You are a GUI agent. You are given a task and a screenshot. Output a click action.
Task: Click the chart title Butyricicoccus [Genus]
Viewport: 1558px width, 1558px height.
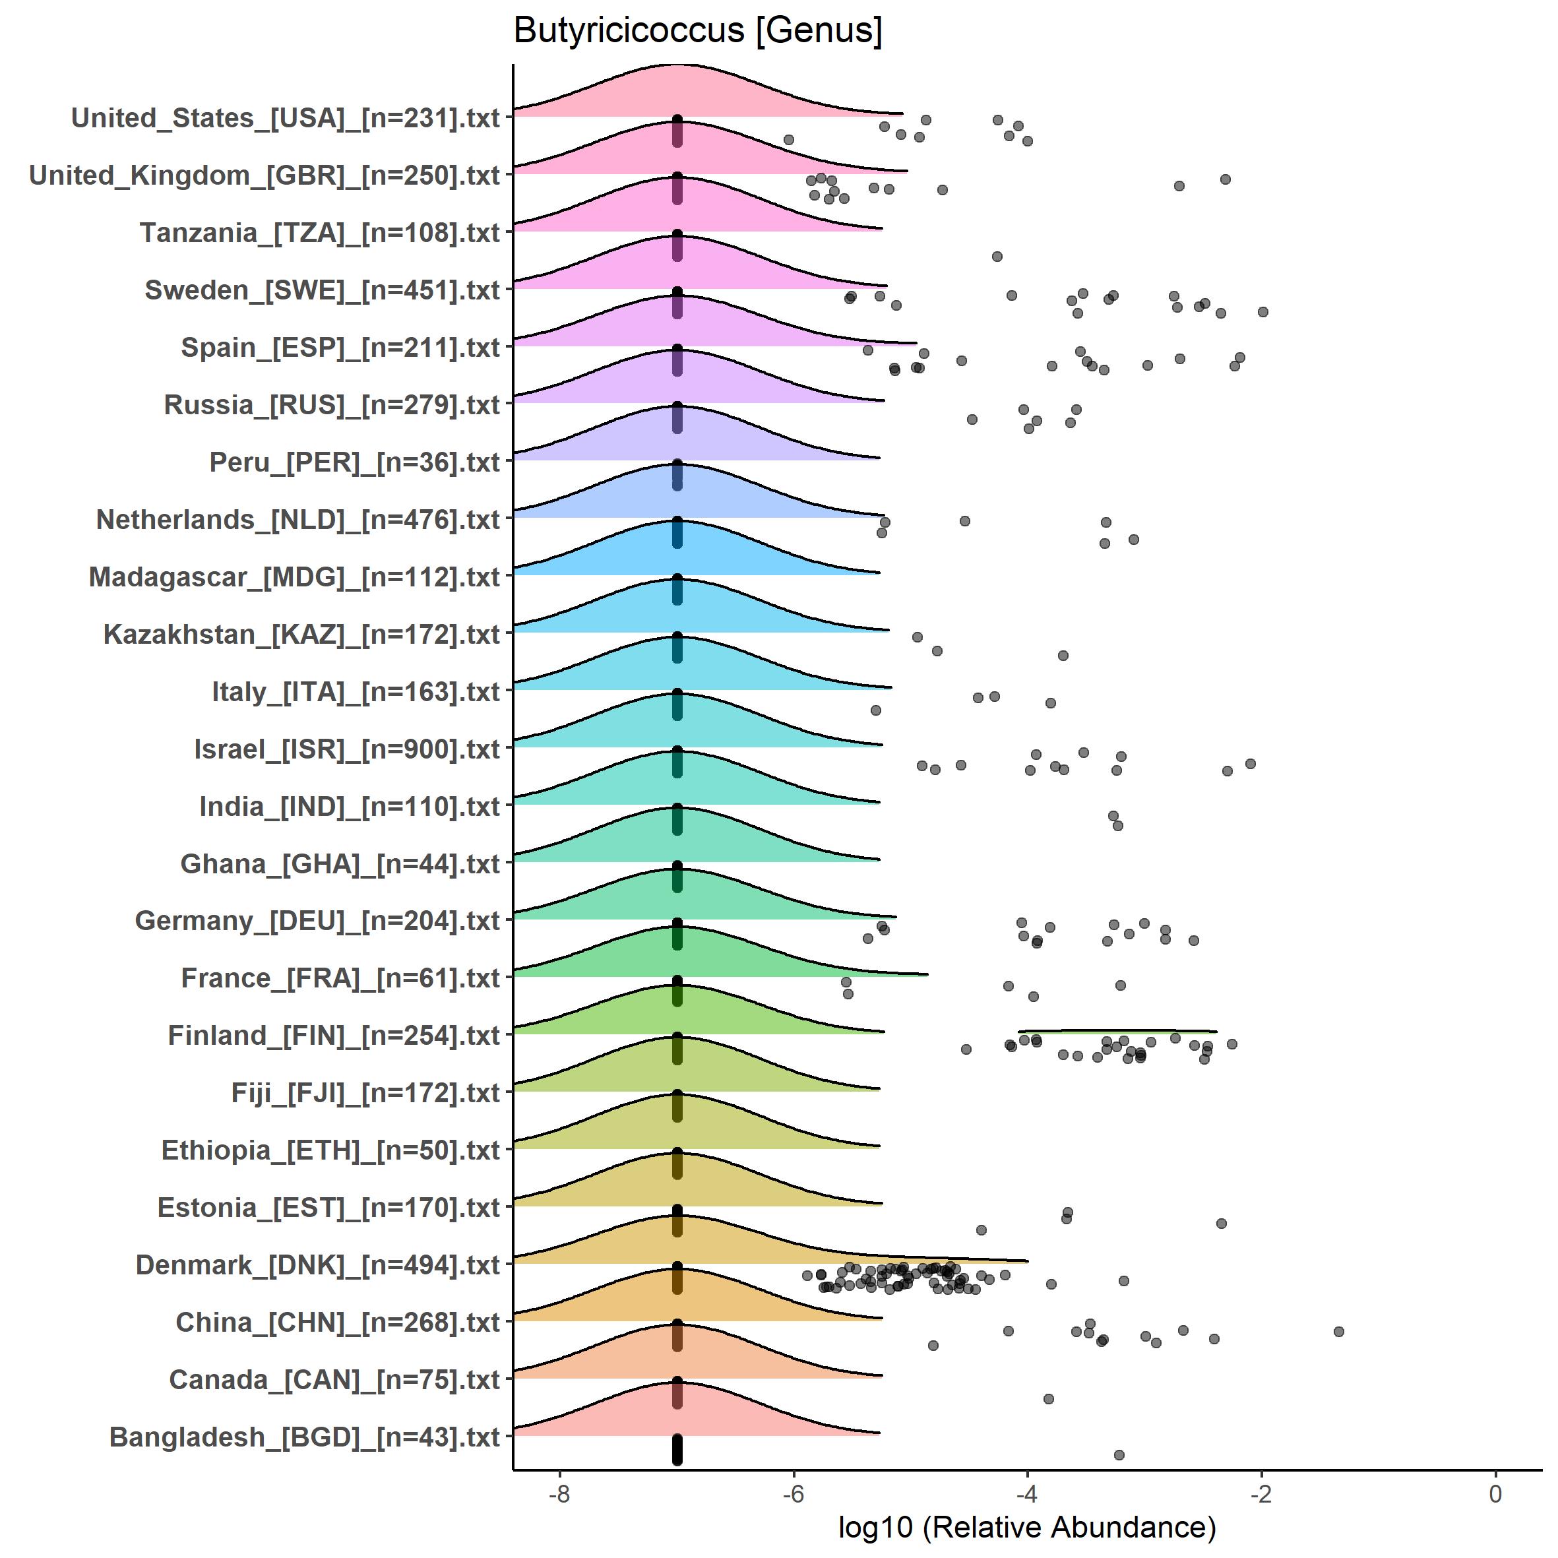click(698, 30)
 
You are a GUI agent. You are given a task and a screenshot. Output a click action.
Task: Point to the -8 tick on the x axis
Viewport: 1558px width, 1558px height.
click(559, 1493)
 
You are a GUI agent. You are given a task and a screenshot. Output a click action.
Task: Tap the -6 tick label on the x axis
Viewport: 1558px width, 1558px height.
click(793, 1493)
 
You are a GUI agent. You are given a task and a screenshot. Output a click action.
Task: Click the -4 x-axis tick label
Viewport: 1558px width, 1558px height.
click(1026, 1493)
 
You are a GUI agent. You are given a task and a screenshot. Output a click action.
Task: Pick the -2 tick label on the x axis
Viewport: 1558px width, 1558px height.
click(1261, 1493)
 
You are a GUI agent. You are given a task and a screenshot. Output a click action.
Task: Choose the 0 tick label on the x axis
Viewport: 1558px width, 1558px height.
click(1495, 1493)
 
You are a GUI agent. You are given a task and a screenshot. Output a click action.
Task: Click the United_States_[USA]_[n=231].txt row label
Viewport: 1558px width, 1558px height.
click(286, 117)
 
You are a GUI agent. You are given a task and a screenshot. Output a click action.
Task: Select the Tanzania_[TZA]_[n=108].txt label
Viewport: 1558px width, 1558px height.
click(320, 233)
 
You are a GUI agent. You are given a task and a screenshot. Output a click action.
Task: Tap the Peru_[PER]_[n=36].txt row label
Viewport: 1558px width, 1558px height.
click(355, 462)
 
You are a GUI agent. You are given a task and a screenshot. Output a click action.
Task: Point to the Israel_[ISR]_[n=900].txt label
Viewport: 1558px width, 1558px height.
click(347, 749)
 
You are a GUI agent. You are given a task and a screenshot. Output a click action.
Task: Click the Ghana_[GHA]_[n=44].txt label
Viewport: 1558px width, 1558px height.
click(340, 863)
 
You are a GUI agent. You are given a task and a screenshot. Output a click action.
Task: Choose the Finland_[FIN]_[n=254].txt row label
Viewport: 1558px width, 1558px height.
click(334, 1036)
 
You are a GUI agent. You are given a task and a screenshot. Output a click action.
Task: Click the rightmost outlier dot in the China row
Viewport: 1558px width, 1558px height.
click(1338, 1331)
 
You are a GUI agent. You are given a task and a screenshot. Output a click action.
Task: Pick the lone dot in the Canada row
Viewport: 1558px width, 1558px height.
click(1048, 1398)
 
